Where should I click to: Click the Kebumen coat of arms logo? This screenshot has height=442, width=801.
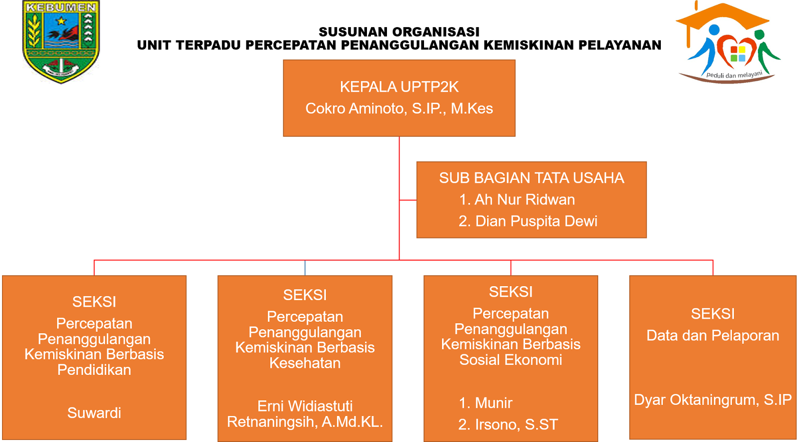(x=61, y=42)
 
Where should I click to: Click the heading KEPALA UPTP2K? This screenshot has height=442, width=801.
(x=399, y=87)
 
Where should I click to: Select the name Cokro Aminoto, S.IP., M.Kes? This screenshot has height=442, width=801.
(x=399, y=108)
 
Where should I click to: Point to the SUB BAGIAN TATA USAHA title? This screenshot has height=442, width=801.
(x=531, y=178)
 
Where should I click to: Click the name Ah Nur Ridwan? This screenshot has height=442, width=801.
(x=524, y=199)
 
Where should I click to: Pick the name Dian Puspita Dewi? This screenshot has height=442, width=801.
(x=536, y=221)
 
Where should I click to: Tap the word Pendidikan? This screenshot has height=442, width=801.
(x=94, y=370)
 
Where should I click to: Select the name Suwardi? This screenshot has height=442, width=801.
(x=94, y=413)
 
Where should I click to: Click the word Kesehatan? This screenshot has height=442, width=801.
(x=305, y=363)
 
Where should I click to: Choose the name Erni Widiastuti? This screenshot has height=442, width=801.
(x=305, y=406)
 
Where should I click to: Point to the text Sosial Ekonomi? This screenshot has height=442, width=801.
(x=511, y=360)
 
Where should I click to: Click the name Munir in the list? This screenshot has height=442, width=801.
(x=493, y=403)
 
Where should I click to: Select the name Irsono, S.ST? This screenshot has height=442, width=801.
(x=516, y=424)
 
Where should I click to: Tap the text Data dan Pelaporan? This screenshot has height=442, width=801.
(x=712, y=335)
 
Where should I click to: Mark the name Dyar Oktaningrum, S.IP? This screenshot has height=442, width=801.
(x=712, y=400)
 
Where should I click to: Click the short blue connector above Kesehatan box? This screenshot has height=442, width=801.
(x=305, y=268)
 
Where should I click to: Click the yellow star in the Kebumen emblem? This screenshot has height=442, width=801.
(x=62, y=21)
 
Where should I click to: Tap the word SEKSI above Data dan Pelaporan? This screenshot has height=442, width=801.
(x=712, y=314)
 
